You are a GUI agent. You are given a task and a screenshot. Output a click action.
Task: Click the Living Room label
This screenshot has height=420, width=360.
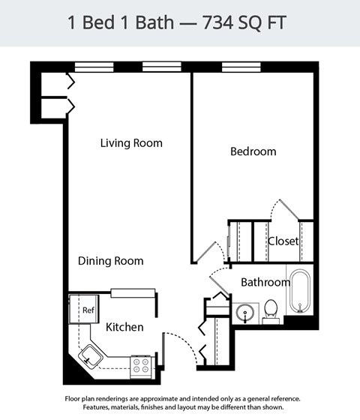[x=131, y=143]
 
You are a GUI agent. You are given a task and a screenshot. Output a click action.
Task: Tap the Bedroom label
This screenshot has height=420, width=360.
[x=253, y=151]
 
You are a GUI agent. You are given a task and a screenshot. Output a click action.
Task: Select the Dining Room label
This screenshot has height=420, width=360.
[x=110, y=261]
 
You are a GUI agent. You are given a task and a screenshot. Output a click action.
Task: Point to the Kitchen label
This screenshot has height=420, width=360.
[x=124, y=327]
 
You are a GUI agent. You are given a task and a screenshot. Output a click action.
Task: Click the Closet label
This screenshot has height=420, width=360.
[x=283, y=241]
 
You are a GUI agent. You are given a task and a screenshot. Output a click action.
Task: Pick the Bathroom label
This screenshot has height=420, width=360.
[x=265, y=283]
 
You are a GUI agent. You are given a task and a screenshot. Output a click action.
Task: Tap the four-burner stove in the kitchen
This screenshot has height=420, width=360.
[x=140, y=365]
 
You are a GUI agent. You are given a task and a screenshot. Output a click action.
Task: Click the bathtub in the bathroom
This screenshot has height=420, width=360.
[x=301, y=291]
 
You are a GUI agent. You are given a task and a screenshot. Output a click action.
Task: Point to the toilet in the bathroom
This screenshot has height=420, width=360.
[x=271, y=310]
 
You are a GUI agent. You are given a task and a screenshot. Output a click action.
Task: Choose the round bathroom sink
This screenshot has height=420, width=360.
[x=244, y=312]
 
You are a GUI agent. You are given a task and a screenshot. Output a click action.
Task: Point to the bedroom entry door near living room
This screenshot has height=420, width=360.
[x=202, y=251]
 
